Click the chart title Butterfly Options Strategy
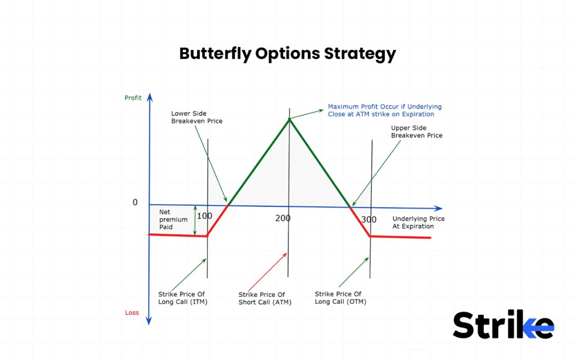pos(287,53)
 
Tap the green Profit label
pos(133,98)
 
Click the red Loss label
pos(132,313)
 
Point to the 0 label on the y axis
pos(135,202)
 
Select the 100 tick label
pos(204,216)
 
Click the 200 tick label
pos(283,218)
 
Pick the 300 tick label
pos(369,219)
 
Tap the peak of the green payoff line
pos(289,119)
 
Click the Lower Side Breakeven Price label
pos(197,117)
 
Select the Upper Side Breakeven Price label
pos(416,132)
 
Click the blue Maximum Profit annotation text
pos(385,110)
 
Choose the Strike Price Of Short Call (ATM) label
pos(262,299)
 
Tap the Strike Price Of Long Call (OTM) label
pos(338,298)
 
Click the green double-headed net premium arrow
pos(195,220)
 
